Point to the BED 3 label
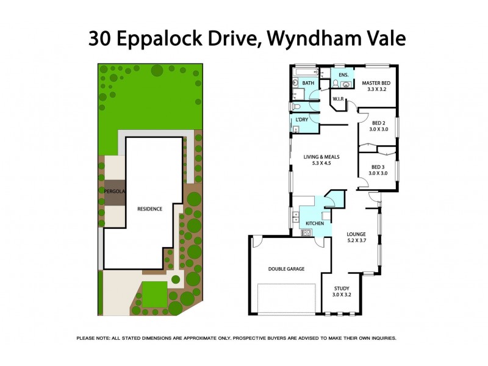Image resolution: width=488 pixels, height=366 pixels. [x=378, y=166]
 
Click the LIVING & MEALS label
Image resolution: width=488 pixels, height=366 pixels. [x=321, y=157]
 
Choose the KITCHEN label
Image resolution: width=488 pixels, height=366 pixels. [x=315, y=223]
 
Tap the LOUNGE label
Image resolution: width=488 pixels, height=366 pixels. [x=356, y=234]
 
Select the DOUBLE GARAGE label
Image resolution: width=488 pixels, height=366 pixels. [x=286, y=268]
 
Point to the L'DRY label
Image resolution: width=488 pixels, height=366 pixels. [x=301, y=120]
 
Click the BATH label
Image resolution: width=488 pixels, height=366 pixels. [x=308, y=83]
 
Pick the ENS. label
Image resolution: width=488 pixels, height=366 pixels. [x=343, y=75]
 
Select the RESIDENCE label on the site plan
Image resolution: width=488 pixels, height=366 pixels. [x=149, y=209]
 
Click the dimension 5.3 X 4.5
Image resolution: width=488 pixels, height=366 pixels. [x=321, y=163]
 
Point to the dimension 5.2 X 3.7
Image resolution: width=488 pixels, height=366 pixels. [x=356, y=240]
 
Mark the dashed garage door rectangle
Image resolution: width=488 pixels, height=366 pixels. [x=285, y=299]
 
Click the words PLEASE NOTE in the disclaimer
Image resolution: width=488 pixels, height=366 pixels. [x=93, y=338]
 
